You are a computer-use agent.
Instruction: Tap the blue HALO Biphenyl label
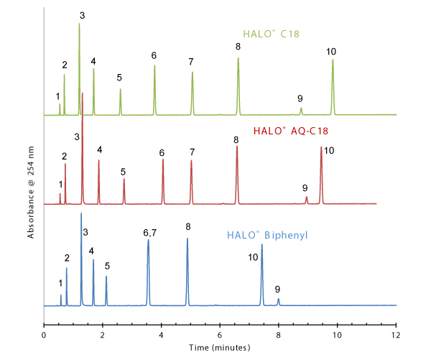coord(262,234)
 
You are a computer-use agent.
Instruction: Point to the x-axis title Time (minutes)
coord(220,347)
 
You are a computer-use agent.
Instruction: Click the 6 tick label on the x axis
coord(220,334)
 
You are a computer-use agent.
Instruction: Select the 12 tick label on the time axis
coord(396,334)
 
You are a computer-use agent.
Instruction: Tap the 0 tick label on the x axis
coord(44,334)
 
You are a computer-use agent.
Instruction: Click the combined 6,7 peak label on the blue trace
coord(150,232)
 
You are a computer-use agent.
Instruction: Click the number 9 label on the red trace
coord(305,188)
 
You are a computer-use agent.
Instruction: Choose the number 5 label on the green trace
coord(119,78)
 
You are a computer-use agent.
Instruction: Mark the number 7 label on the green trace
coord(191,62)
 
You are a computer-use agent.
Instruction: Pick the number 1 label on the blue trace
coord(60,284)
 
